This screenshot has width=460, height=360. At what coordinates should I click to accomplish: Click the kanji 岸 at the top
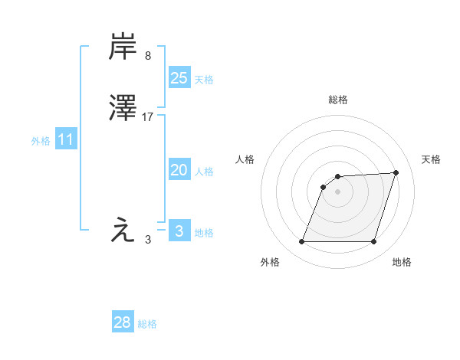click(x=123, y=47)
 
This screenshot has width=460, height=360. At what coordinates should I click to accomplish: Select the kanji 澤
click(x=123, y=109)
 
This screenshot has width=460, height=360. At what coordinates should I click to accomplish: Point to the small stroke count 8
click(x=148, y=56)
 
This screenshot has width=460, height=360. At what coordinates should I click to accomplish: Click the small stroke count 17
click(x=148, y=117)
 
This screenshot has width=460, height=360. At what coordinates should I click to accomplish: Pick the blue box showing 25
click(x=179, y=78)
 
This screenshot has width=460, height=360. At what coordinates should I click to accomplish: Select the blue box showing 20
click(x=179, y=171)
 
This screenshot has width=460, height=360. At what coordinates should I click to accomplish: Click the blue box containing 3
click(x=179, y=231)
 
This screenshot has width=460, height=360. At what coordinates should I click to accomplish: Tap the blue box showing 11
click(x=66, y=140)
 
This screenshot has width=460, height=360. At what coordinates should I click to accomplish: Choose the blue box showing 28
click(x=123, y=322)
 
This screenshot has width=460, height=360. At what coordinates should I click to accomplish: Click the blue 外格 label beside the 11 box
click(x=41, y=141)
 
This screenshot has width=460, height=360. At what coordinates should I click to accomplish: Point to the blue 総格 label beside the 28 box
click(x=147, y=324)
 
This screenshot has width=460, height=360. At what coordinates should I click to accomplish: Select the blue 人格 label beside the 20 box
click(x=205, y=172)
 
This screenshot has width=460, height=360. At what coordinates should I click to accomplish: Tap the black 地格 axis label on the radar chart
click(x=402, y=263)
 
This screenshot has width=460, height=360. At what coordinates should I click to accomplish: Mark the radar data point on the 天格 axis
click(x=396, y=172)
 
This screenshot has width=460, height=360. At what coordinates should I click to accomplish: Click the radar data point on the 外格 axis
click(x=301, y=242)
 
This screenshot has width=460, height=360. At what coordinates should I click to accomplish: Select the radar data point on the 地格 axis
click(x=374, y=242)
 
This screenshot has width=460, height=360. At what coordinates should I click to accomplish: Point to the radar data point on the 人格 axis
click(x=324, y=186)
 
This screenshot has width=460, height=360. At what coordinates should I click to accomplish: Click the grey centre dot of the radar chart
click(x=338, y=191)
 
